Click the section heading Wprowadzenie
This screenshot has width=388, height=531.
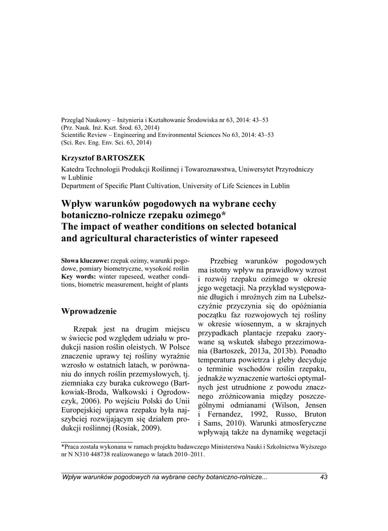coord(89,311)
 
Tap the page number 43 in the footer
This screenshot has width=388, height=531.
coord(324,477)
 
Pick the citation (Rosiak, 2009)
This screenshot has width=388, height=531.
coord(137,428)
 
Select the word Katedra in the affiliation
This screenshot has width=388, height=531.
coord(73,169)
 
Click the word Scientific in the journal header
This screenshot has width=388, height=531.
coord(76,134)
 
